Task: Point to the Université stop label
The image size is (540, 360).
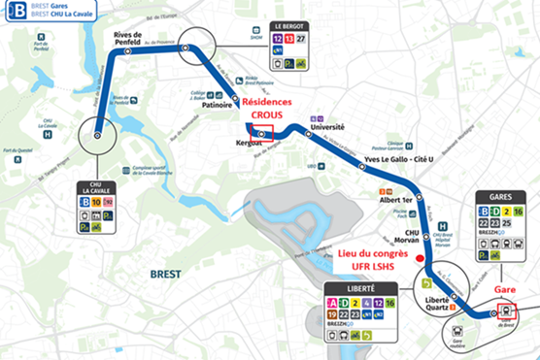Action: [326, 126]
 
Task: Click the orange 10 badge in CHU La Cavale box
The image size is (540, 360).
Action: [95, 203]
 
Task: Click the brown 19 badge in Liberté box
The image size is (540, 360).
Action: [333, 315]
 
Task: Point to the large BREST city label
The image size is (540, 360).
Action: [166, 275]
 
